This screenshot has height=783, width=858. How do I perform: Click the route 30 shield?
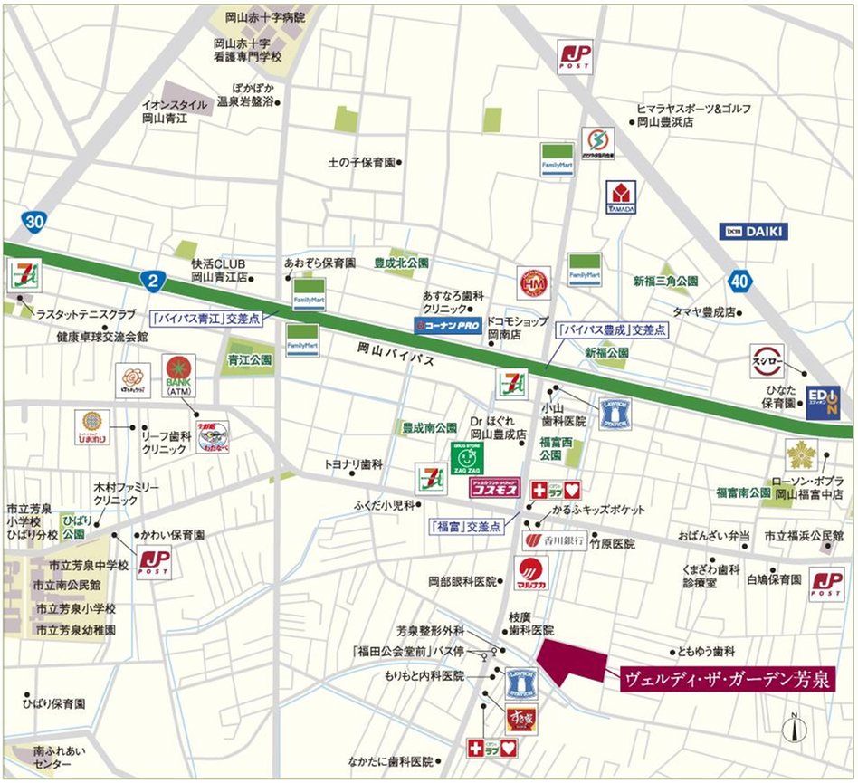click(x=34, y=220)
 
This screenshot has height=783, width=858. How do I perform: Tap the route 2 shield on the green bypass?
click(x=154, y=281)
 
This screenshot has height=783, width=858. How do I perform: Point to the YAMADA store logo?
click(x=621, y=198)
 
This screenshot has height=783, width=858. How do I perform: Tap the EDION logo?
click(x=822, y=402)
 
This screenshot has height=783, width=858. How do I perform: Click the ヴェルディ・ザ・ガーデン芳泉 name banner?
click(x=726, y=680)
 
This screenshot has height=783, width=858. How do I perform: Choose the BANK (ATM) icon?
click(x=178, y=377)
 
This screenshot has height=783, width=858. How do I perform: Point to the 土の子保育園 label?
click(x=362, y=163)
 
